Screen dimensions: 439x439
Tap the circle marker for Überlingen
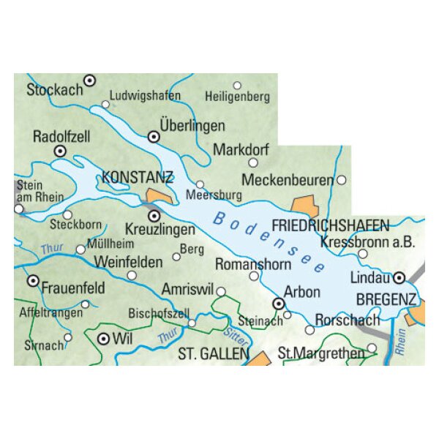(x=154, y=136)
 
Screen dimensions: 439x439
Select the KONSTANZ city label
(x=138, y=177)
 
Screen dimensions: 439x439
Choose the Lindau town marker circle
(x=399, y=278)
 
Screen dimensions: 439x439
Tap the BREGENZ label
(x=386, y=299)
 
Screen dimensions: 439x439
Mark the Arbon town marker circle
(x=278, y=304)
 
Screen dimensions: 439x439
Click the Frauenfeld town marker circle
(x=32, y=280)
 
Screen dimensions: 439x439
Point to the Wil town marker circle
(x=103, y=338)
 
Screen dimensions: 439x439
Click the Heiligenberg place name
(x=238, y=97)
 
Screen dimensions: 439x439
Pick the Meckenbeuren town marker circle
(x=341, y=179)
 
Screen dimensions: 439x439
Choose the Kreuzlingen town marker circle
(x=154, y=216)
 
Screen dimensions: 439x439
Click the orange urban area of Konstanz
(x=160, y=196)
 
